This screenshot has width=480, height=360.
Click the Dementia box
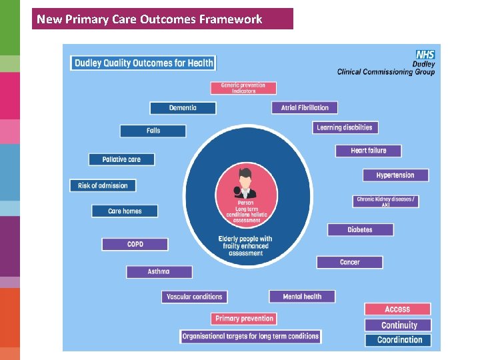[183, 108]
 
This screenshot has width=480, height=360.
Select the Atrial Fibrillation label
[305, 107]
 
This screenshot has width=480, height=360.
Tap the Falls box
[153, 131]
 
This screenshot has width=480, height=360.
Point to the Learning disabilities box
[345, 127]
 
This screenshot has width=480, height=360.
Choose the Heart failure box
[369, 151]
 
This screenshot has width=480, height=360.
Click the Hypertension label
[395, 175]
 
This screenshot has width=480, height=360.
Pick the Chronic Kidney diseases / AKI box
[385, 201]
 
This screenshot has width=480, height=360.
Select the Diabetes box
[360, 230]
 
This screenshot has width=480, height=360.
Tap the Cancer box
[349, 262]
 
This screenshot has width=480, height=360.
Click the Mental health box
[302, 297]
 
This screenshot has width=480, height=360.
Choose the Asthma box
[159, 272]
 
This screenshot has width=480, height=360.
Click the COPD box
[135, 245]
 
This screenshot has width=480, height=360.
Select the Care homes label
[125, 211]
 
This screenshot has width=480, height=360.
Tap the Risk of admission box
[103, 185]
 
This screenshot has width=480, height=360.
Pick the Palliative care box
[121, 160]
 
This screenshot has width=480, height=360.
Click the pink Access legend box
[397, 309]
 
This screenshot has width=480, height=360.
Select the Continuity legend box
[399, 325]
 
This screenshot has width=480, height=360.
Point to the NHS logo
[425, 55]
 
